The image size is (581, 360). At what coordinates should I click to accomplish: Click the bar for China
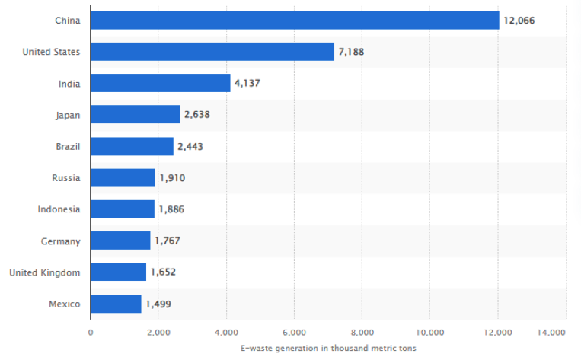tap(294, 21)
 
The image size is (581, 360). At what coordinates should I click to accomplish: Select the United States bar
tap(212, 52)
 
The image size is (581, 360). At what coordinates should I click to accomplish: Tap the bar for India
tap(160, 83)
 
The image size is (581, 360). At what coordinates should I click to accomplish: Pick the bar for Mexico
tap(116, 304)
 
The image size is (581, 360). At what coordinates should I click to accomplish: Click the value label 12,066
tap(519, 21)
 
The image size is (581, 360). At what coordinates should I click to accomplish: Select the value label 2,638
tap(196, 115)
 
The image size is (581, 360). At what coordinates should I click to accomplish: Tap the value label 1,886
tap(171, 209)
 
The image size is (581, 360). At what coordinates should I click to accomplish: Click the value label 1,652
tap(163, 272)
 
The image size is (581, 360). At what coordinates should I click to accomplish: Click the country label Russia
tap(65, 178)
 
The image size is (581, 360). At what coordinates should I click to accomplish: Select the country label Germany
tap(60, 241)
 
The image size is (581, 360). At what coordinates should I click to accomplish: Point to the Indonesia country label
tap(59, 209)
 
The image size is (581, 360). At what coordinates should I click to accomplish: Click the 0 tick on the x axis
tap(91, 333)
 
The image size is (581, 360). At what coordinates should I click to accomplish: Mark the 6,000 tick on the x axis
tap(294, 333)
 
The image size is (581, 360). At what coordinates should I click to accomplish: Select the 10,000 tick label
tap(429, 333)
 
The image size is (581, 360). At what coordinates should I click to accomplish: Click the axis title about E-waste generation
tap(327, 349)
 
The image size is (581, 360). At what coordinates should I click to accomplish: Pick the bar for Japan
tap(135, 115)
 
